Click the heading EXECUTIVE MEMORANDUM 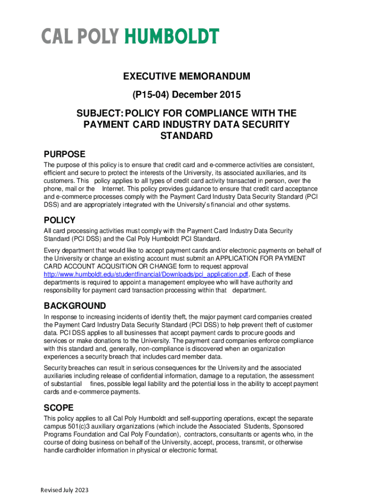(x=186, y=77)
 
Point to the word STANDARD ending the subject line (x=186, y=136)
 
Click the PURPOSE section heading (x=65, y=154)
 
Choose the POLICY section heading (x=60, y=220)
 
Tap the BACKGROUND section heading (x=75, y=306)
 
